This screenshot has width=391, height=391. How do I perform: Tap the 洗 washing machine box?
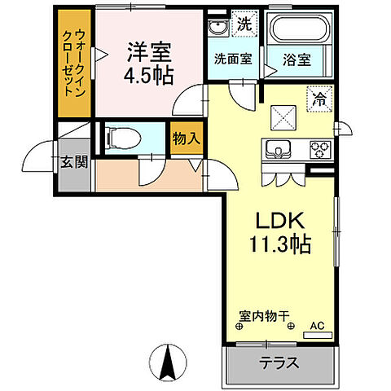pos(242,25)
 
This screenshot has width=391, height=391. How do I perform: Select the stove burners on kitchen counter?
pos(319,150)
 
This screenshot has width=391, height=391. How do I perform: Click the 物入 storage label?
pos(185,139)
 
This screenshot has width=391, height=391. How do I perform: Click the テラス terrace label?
pos(279,362)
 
